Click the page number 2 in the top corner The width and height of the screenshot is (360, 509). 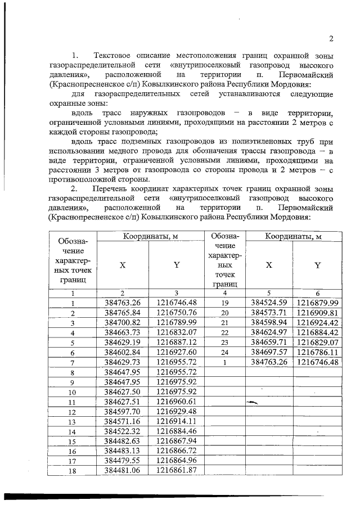[331, 39]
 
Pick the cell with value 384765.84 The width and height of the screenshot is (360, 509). [123, 312]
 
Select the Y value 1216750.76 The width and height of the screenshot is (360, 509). [176, 312]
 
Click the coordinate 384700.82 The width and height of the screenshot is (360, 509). [123, 322]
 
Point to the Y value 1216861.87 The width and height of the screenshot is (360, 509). [176, 471]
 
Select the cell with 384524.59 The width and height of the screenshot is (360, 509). [269, 303]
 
